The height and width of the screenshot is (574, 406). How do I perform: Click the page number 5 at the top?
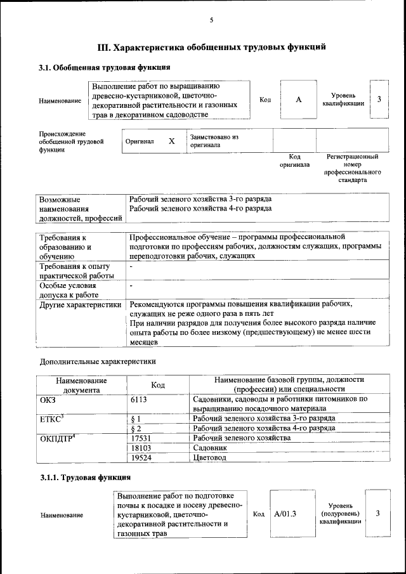[x=211, y=20]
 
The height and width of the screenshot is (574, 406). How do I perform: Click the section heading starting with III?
[x=211, y=46]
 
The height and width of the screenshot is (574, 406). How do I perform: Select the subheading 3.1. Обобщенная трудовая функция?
[x=105, y=67]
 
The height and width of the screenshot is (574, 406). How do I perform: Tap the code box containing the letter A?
[x=298, y=100]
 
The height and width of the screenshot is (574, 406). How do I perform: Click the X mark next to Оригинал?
[x=171, y=141]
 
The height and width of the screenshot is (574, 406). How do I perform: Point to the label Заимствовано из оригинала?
[x=214, y=140]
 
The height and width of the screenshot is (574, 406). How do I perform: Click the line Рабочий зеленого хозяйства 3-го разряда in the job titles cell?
[x=200, y=199]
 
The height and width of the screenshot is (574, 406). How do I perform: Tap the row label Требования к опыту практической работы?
[x=75, y=270]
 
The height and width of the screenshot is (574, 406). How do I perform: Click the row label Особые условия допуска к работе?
[x=70, y=290]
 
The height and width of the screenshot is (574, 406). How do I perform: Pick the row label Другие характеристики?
[x=80, y=304]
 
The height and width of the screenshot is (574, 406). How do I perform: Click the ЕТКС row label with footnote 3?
[x=54, y=419]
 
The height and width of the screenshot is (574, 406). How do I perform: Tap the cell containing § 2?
[x=134, y=429]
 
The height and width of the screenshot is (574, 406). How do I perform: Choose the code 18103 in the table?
[x=140, y=448]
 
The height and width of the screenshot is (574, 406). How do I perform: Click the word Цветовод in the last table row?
[x=210, y=457]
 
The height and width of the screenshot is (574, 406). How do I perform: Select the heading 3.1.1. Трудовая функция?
[x=85, y=476]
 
